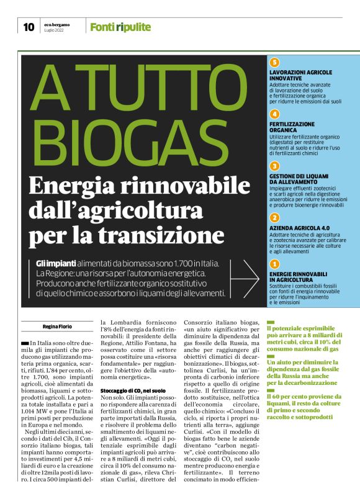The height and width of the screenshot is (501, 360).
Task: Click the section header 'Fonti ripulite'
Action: (x=120, y=27)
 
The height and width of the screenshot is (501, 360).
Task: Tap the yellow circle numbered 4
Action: (x=274, y=114)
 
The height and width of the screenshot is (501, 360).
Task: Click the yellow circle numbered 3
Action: (x=274, y=166)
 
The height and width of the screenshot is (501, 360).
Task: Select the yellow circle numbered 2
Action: (x=274, y=218)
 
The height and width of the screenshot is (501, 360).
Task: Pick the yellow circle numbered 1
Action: (x=274, y=264)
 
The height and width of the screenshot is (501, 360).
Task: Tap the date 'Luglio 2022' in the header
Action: (x=55, y=30)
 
